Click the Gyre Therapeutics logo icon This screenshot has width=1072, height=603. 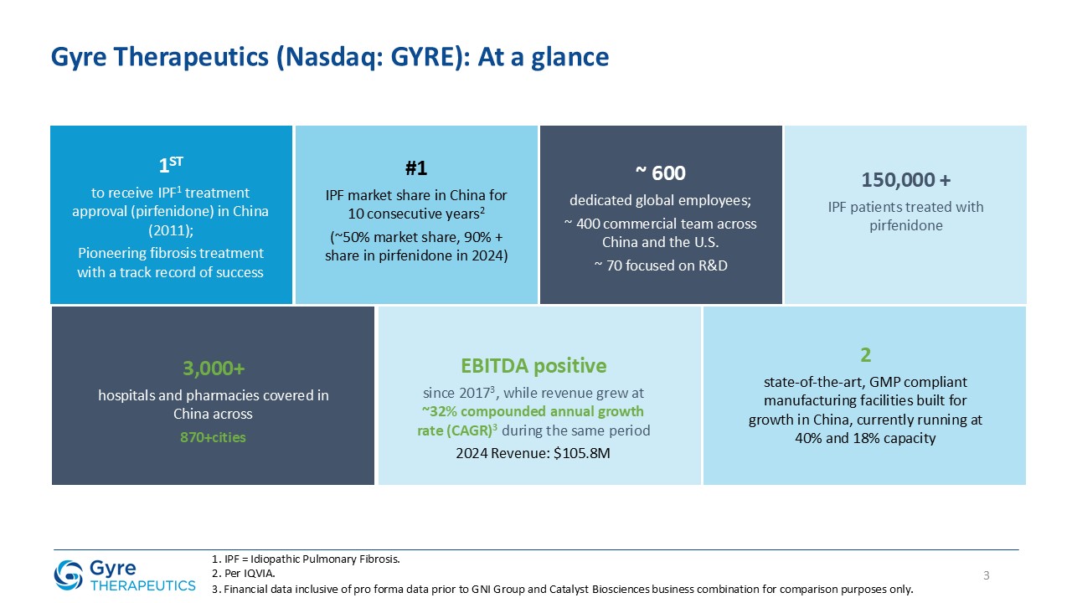(x=68, y=575)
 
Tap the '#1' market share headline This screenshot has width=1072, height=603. (x=416, y=168)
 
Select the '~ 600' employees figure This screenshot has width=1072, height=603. (x=660, y=173)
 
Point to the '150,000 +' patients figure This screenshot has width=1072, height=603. (x=905, y=180)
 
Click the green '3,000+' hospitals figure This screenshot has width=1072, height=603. (x=213, y=368)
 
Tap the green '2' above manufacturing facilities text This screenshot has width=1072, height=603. (x=865, y=355)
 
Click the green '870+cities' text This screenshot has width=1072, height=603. (x=213, y=437)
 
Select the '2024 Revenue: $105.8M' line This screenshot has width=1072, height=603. (x=539, y=453)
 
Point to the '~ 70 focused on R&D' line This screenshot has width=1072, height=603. (x=660, y=265)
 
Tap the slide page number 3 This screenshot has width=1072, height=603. (x=986, y=575)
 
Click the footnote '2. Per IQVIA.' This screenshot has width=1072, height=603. (x=243, y=574)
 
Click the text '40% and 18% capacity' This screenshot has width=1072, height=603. (x=865, y=438)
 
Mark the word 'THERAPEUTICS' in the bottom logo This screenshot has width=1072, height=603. (x=142, y=585)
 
